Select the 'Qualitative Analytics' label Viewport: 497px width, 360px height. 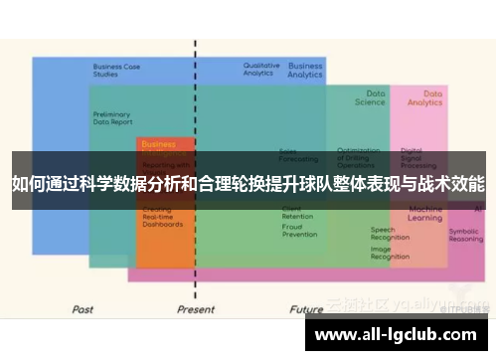point(261,69)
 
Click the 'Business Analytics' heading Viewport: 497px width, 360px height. point(305,70)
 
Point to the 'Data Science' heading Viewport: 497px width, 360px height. point(370,97)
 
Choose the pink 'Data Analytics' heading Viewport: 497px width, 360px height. point(425,97)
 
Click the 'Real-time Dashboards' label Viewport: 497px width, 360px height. point(163,221)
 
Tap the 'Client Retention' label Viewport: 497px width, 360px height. point(297,213)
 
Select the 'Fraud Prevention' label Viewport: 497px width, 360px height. point(299,231)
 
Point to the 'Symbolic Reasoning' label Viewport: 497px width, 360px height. point(465,234)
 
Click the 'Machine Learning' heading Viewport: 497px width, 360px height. point(425,214)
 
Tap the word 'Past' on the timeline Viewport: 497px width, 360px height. point(83,309)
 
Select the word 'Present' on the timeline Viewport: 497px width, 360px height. point(195,309)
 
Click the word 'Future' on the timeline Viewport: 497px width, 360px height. point(306,309)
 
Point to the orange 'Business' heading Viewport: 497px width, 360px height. point(158,143)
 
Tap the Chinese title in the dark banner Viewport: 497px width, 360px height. point(248,184)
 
